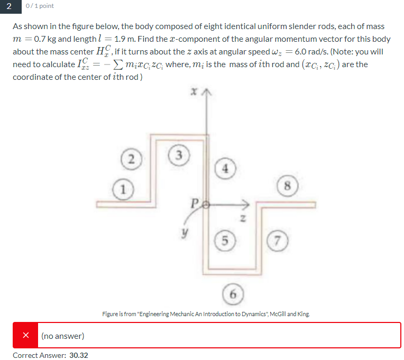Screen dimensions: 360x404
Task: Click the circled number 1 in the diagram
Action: point(123,188)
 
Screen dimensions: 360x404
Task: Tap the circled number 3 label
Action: point(178,155)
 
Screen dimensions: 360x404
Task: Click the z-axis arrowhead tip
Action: point(247,202)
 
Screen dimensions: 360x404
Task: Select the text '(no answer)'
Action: point(62,336)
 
